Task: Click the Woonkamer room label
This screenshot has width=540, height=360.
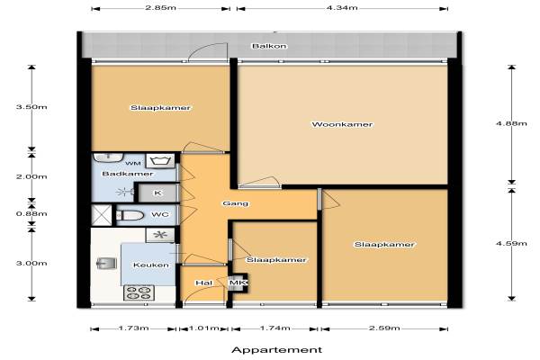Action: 342,124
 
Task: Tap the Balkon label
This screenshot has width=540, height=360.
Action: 269,46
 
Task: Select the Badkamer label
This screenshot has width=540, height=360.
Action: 128,174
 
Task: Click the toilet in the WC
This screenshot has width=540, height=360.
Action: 130,216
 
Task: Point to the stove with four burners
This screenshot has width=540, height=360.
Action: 139,292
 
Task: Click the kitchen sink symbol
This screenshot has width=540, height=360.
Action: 106,263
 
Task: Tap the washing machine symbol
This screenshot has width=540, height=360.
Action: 160,161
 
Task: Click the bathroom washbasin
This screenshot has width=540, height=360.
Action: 108,157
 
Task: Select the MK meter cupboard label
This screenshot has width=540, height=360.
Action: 238,283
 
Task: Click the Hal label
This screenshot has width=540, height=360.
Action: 204,283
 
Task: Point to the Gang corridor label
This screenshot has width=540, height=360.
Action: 235,203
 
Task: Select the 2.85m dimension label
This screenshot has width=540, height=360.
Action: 160,7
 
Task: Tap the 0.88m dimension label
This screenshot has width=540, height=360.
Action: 31,213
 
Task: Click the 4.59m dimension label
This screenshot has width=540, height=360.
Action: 511,243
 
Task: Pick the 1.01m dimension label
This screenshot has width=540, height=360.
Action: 204,328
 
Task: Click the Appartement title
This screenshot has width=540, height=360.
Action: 277,350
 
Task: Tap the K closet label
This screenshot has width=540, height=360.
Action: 157,193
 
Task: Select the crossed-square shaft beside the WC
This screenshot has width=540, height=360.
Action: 101,215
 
